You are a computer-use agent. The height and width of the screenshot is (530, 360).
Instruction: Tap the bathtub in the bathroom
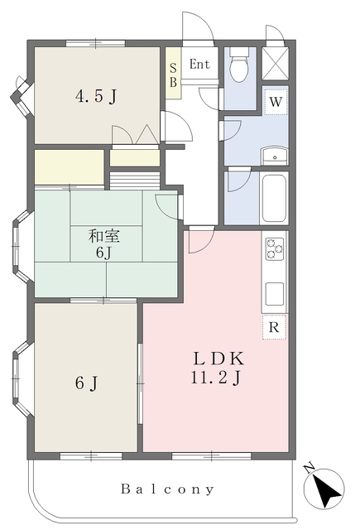(x=274, y=198)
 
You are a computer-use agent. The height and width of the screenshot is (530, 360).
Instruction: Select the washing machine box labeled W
(x=276, y=101)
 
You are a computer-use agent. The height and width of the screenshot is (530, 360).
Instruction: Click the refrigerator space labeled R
(x=274, y=327)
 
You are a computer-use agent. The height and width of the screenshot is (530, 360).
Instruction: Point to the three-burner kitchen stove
(x=275, y=249)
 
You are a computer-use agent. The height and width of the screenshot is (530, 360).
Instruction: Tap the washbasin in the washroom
(x=275, y=156)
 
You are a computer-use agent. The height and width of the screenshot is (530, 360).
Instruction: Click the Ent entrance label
(x=199, y=64)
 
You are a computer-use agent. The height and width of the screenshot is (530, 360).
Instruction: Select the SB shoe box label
(x=173, y=75)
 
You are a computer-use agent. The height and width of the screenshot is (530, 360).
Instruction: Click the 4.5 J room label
(x=96, y=97)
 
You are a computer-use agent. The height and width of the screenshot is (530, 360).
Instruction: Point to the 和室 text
(x=104, y=236)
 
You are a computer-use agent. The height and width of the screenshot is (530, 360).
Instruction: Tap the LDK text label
(x=218, y=359)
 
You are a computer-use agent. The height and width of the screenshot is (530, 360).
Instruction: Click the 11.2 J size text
(x=217, y=378)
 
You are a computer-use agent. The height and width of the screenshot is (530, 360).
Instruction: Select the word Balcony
(x=167, y=489)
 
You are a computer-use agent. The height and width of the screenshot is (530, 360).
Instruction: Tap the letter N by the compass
(x=310, y=468)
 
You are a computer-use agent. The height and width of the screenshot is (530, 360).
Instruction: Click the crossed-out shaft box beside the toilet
(x=276, y=64)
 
